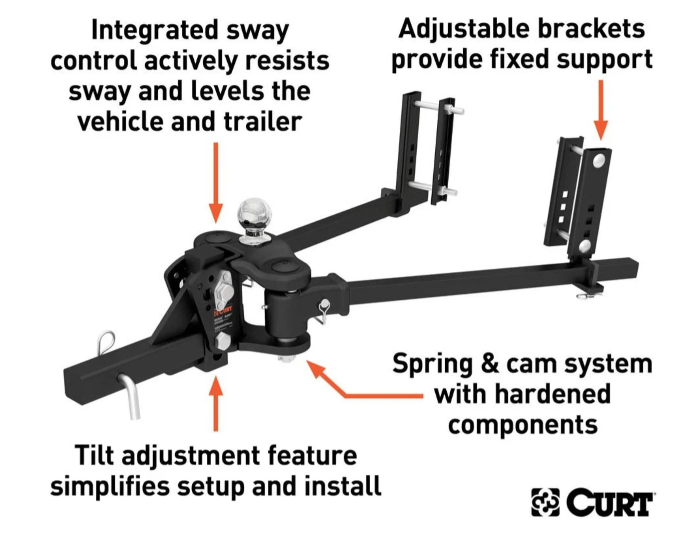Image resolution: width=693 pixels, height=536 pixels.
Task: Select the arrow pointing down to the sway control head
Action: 216,182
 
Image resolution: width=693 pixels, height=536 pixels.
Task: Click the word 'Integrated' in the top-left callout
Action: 155,30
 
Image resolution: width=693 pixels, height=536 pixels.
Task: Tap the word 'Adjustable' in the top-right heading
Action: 464,29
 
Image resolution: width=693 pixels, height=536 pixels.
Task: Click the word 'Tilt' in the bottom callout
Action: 94,455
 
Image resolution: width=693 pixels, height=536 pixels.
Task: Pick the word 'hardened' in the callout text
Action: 552,394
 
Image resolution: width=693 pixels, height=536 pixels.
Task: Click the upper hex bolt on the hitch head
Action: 225,291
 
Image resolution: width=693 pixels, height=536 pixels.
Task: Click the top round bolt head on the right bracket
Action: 599,160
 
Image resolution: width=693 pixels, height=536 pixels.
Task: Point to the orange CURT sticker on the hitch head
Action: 224,312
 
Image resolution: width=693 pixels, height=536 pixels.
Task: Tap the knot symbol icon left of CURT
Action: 545,502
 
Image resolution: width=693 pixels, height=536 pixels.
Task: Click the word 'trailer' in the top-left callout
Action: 262,121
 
